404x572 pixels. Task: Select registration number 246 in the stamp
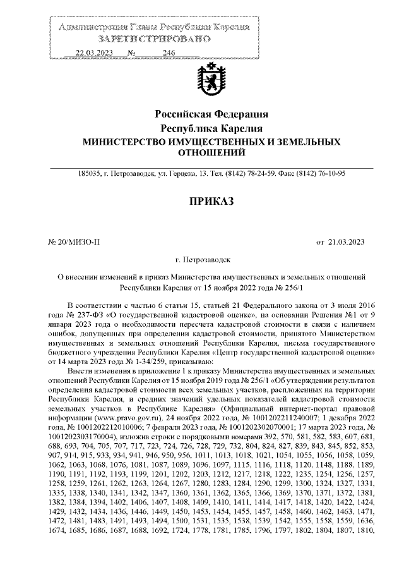pyautogui.click(x=168, y=53)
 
